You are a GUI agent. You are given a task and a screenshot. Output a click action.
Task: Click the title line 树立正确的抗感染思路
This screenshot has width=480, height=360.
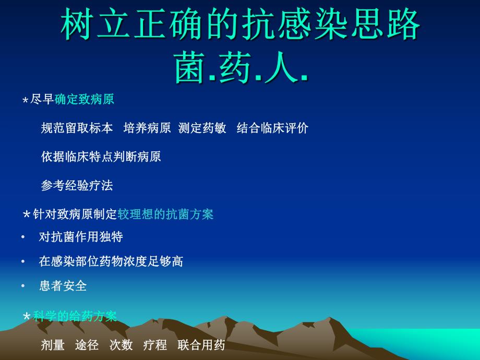tap(241, 25)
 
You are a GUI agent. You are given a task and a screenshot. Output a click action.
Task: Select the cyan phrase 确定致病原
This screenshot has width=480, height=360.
tap(85, 99)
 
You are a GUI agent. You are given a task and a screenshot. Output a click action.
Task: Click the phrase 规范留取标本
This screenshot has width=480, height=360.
tap(77, 128)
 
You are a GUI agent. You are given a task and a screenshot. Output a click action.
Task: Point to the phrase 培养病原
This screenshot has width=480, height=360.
tap(147, 128)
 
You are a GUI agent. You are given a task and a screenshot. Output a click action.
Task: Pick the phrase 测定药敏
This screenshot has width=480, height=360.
tap(202, 128)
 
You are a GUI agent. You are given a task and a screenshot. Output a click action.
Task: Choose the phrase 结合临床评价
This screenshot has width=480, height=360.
tap(272, 128)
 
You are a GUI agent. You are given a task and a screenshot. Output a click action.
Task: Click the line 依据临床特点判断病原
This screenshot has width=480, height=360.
tap(101, 157)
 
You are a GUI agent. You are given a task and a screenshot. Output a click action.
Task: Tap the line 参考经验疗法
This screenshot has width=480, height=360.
tap(77, 185)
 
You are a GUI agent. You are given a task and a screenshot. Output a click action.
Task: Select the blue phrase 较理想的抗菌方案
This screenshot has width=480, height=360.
tap(165, 214)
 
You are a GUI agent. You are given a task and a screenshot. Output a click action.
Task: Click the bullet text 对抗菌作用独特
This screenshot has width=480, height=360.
tap(81, 237)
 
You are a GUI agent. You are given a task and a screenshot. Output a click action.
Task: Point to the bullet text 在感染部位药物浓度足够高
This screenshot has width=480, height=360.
tap(111, 261)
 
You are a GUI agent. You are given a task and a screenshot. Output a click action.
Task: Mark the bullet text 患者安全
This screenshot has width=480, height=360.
tap(63, 286)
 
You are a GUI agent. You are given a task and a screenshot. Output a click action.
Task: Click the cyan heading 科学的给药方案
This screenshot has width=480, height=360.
tap(75, 316)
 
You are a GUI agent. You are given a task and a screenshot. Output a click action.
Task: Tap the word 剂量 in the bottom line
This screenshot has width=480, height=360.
tap(53, 345)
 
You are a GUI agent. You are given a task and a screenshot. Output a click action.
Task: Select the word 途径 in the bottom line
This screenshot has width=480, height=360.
tap(87, 345)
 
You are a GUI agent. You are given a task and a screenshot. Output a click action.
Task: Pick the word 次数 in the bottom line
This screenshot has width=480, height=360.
tap(121, 345)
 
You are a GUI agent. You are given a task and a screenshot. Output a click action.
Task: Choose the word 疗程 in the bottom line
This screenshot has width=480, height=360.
tap(155, 345)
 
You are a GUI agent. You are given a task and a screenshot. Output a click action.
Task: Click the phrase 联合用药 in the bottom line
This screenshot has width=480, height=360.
tap(201, 345)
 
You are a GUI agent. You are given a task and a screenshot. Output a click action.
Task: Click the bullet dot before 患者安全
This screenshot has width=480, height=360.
tap(23, 286)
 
